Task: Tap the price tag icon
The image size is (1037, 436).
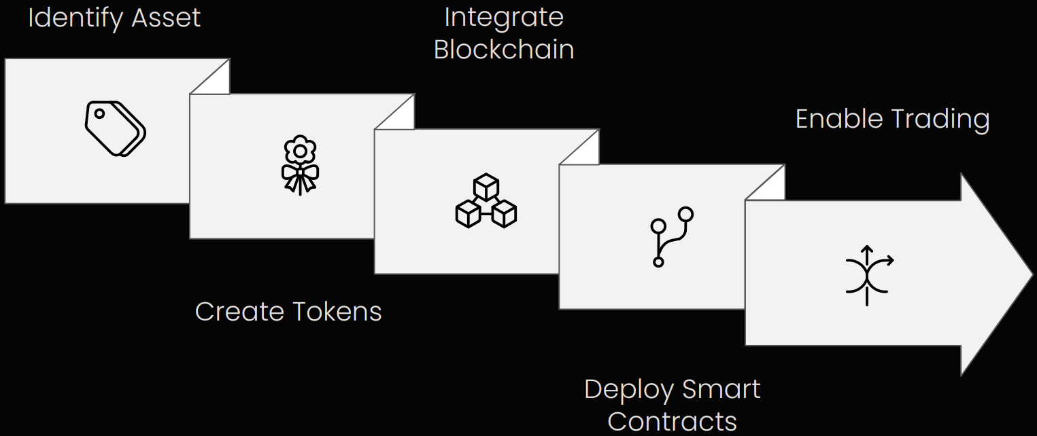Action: pos(115,128)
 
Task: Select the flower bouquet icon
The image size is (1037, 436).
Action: pos(300,165)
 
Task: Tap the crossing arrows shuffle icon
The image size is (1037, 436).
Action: pos(868,275)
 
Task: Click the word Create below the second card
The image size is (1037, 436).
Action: pos(239,312)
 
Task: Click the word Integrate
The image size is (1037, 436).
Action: pos(504,18)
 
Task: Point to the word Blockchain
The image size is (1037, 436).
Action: pos(504,50)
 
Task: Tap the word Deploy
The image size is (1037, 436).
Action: pos(628,390)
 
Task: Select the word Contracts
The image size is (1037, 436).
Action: pos(672,421)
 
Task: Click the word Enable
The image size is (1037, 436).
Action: pos(838,119)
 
